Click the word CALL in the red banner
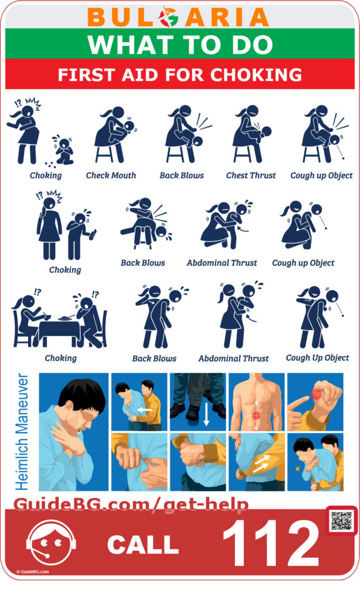coord(142,544)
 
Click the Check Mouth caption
coord(111,175)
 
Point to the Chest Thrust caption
coord(251,175)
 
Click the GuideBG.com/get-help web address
coord(131,505)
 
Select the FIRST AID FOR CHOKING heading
coord(180,75)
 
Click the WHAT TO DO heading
coord(180,44)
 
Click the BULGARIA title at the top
coord(180,17)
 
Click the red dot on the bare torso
coord(256,415)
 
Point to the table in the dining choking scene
coord(60,328)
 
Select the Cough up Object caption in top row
coord(321,175)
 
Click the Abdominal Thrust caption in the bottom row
coord(233,358)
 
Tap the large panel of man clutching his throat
coord(73,432)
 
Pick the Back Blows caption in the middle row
coord(142,263)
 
